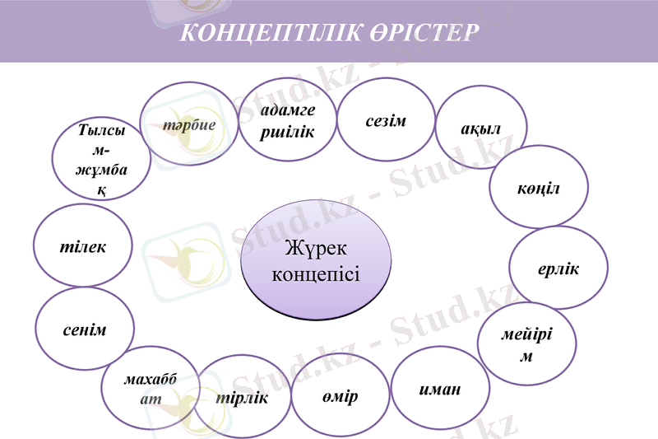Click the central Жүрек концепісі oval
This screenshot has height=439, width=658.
(x=316, y=259)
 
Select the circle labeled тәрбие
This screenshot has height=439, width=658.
(x=190, y=124)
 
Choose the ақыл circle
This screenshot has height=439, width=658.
(x=481, y=128)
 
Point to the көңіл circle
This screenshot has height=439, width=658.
(x=539, y=187)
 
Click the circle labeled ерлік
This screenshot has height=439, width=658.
(x=558, y=268)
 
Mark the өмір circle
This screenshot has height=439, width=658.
(x=340, y=396)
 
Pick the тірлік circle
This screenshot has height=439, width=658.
(x=243, y=397)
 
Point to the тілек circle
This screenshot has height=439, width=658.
(x=83, y=246)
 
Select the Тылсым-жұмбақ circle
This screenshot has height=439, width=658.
(x=101, y=159)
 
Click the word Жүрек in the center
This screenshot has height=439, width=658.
(x=316, y=248)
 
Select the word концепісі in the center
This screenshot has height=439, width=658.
(x=316, y=273)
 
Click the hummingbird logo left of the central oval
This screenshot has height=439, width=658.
(x=182, y=260)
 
